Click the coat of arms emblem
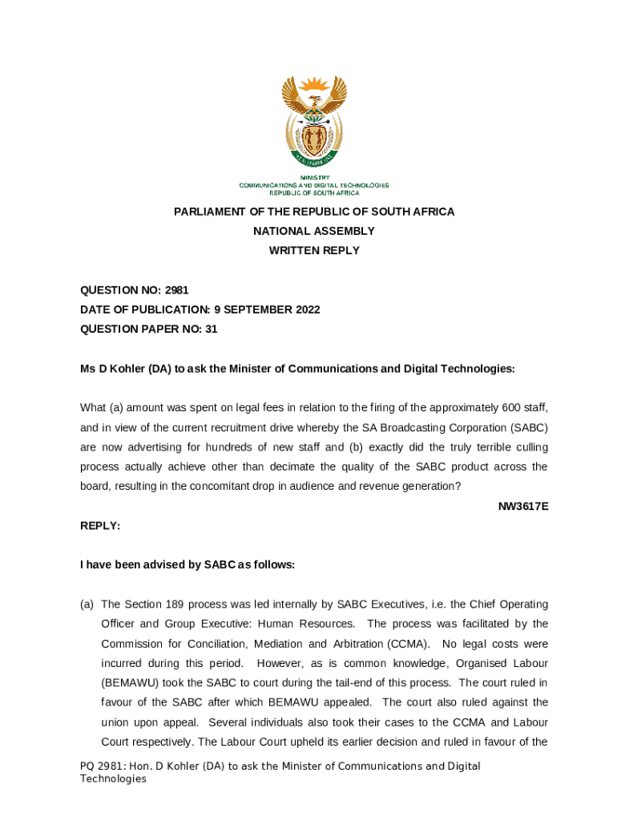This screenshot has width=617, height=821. pyautogui.click(x=314, y=123)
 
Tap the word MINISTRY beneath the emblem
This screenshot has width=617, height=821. pyautogui.click(x=314, y=177)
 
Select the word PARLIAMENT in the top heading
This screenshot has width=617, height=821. pyautogui.click(x=210, y=212)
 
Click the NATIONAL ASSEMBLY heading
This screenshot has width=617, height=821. pyautogui.click(x=314, y=231)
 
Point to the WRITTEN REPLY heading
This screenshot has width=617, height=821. pyautogui.click(x=314, y=250)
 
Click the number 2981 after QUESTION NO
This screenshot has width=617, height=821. pyautogui.click(x=176, y=290)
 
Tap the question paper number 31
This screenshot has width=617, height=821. pyautogui.click(x=211, y=329)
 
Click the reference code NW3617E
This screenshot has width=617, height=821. pyautogui.click(x=523, y=506)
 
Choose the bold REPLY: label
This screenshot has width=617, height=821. pyautogui.click(x=100, y=525)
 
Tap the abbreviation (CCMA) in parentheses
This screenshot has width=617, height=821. pyautogui.click(x=409, y=643)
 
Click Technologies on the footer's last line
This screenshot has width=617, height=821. pyautogui.click(x=113, y=779)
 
